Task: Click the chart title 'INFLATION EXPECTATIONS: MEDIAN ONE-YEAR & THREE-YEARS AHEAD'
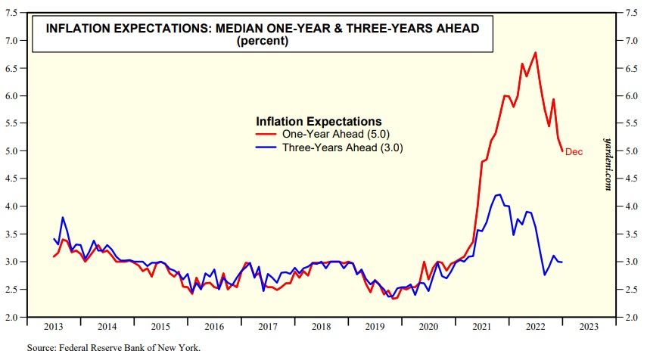click(263, 29)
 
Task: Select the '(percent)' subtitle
click(263, 42)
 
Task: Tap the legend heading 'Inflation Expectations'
click(319, 121)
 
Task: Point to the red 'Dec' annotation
click(574, 152)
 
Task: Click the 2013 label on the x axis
click(54, 327)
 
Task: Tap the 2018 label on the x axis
click(322, 327)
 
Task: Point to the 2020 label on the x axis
click(429, 327)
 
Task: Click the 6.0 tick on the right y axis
click(631, 96)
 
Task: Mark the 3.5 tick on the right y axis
click(631, 234)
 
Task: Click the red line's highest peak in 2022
click(536, 52)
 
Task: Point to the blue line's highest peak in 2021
click(498, 194)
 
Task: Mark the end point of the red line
click(562, 151)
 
